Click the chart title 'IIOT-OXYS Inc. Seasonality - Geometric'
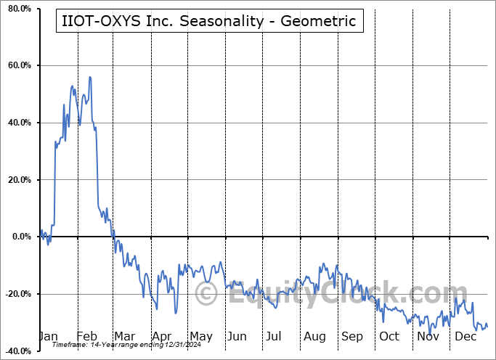tap(208, 21)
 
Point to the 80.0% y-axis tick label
tap(18, 9)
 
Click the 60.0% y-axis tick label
tap(18, 66)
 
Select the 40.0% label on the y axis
tap(18, 123)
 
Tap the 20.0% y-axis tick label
tap(18, 180)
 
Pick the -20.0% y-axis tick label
tap(17, 294)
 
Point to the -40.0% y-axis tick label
tap(17, 351)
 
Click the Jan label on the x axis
tap(48, 336)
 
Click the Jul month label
tap(273, 336)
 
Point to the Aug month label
tap(314, 336)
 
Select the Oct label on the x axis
tap(389, 336)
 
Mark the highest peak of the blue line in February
tap(89, 77)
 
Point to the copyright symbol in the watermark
tap(206, 295)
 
